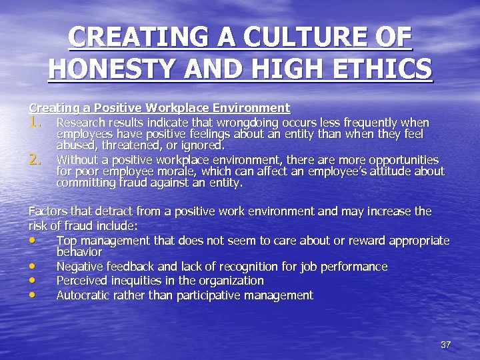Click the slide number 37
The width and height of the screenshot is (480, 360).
click(446, 345)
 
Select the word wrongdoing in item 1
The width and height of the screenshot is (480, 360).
click(244, 123)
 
